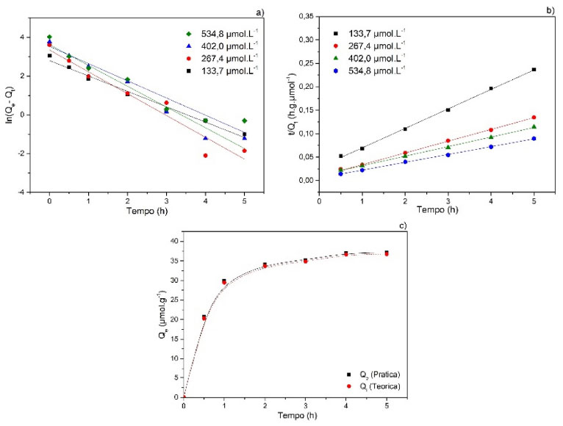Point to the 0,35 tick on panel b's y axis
click(305, 15)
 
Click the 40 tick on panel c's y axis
click(173, 241)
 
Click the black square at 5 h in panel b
click(534, 70)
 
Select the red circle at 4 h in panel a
click(205, 156)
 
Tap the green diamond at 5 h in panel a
click(245, 120)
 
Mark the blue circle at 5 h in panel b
click(534, 138)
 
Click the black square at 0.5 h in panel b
click(340, 156)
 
